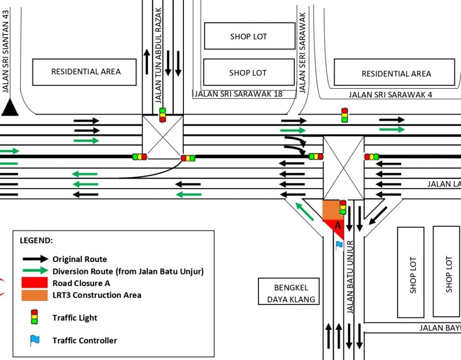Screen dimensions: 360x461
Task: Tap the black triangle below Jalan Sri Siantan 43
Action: (9, 108)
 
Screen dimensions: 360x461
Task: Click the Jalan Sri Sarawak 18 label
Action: (238, 94)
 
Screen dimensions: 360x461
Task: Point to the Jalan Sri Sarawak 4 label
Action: (390, 95)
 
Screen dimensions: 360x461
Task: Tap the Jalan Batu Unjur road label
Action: (350, 276)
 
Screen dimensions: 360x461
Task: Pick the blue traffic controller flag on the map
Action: (340, 245)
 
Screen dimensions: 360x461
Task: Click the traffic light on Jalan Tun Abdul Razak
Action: (162, 115)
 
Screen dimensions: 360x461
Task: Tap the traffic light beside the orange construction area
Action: (343, 207)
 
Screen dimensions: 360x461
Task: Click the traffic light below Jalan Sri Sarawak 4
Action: (344, 115)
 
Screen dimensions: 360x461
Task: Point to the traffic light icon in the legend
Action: (34, 317)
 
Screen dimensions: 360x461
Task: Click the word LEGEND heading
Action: (36, 240)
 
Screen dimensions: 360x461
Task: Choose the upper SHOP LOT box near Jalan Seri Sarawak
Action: (249, 36)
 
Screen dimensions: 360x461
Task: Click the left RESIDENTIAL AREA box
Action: (85, 72)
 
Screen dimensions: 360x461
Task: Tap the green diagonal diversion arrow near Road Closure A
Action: (304, 212)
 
